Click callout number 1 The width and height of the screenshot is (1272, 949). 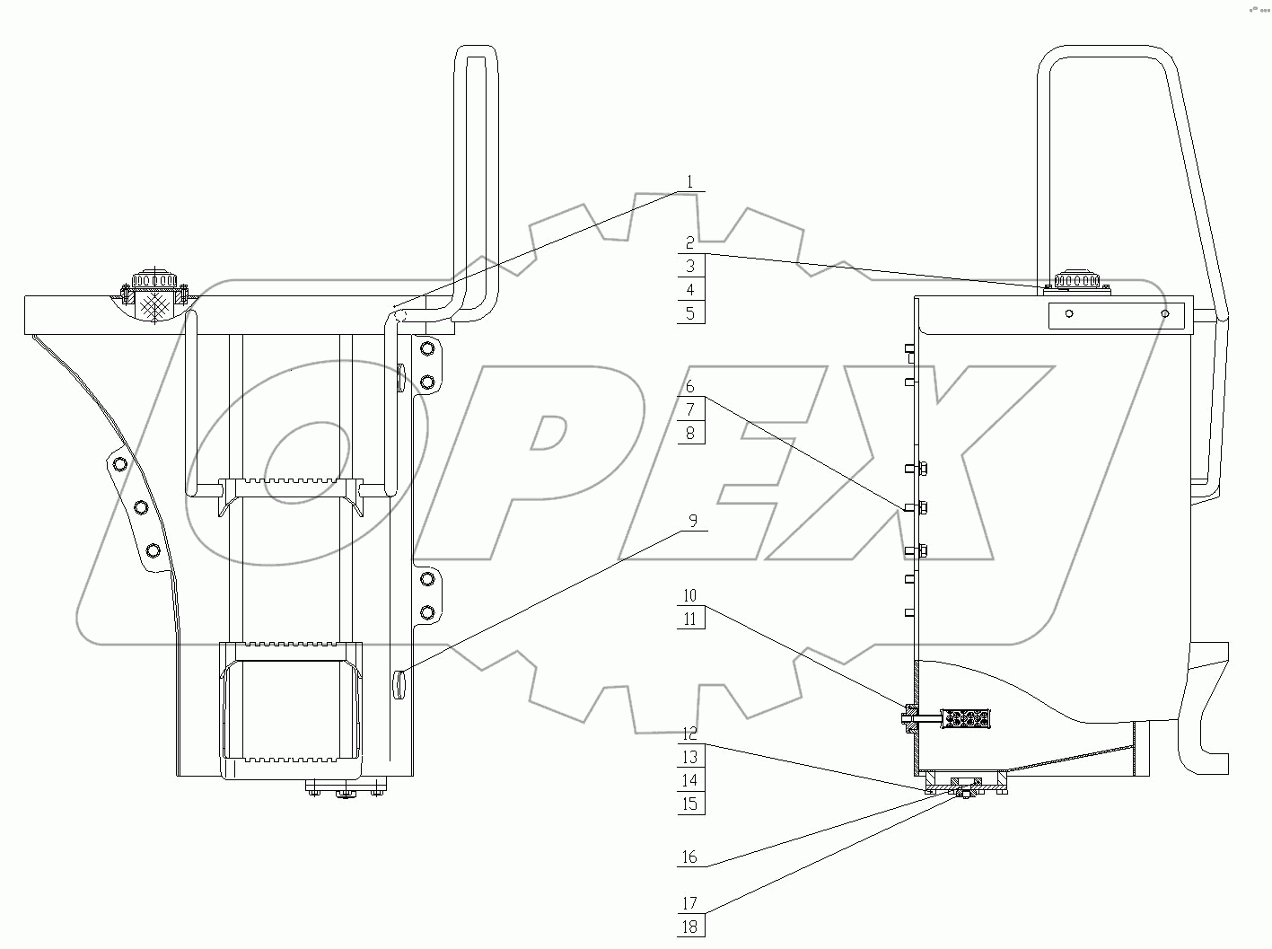[x=689, y=182]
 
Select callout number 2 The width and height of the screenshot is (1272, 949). [x=689, y=243]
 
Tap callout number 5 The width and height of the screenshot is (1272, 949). [x=689, y=313]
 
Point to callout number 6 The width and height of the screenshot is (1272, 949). [x=689, y=386]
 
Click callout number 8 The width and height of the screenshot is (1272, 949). [x=689, y=433]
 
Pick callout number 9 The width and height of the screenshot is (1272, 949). [x=692, y=520]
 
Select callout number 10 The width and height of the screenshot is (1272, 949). [x=689, y=595]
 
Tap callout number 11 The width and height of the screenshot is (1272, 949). [x=689, y=619]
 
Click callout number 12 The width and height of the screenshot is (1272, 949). [x=689, y=734]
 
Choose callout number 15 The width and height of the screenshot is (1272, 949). [x=689, y=804]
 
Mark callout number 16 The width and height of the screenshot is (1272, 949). [x=689, y=857]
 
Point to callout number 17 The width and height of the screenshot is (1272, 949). [x=689, y=904]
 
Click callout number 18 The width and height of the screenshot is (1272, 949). [x=689, y=927]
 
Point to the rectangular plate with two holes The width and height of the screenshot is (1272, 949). [x=1117, y=315]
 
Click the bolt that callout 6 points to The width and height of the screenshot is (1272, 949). [x=916, y=508]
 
